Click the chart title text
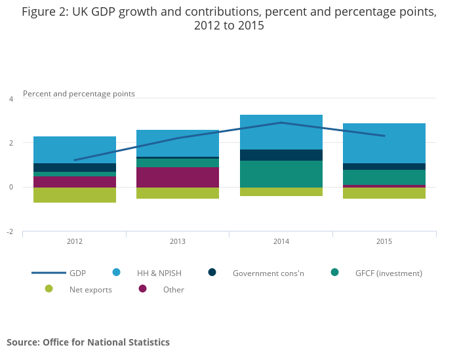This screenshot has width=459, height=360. [229, 19]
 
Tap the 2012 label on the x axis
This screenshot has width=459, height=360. [75, 241]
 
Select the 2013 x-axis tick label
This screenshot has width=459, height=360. [178, 241]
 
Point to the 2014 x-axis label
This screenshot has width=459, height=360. [281, 241]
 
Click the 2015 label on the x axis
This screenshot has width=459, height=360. [384, 241]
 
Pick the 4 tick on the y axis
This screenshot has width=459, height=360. [10, 99]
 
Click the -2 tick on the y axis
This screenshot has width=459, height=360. [10, 231]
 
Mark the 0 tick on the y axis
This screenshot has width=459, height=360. [10, 188]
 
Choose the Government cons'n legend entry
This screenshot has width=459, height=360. [268, 273]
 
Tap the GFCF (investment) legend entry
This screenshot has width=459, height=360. [388, 273]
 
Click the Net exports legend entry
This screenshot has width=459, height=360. [90, 289]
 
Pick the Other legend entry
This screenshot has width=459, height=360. [173, 289]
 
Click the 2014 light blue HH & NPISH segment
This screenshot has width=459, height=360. [281, 132]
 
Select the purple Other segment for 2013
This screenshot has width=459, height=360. [178, 177]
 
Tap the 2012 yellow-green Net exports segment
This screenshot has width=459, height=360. [75, 195]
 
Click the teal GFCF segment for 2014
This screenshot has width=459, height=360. [281, 174]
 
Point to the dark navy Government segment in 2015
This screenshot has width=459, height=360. [384, 167]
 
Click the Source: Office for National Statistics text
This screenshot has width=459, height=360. [88, 342]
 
